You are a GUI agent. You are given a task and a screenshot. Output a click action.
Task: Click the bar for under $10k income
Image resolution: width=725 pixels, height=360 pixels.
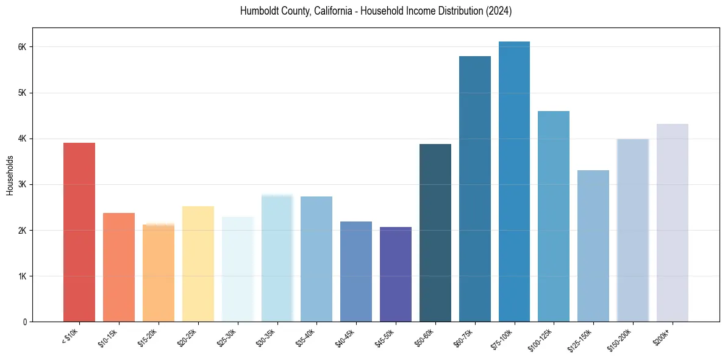[x=79, y=232]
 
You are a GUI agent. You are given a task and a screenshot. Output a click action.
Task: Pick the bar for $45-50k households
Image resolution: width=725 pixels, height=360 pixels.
[x=396, y=274]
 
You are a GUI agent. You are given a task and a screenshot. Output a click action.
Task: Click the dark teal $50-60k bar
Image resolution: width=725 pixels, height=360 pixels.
[x=435, y=232]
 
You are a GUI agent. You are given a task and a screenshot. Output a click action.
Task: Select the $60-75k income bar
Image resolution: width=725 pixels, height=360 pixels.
[x=474, y=189]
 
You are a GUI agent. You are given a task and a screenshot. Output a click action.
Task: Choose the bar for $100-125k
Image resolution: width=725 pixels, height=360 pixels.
[x=554, y=216]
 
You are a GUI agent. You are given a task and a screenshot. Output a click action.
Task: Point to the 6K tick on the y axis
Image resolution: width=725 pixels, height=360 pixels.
[x=23, y=47]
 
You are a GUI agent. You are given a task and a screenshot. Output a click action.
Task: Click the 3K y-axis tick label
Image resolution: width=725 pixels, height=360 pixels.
[x=23, y=184]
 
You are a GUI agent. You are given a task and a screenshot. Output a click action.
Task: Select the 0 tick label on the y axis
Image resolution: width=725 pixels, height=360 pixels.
[x=25, y=322]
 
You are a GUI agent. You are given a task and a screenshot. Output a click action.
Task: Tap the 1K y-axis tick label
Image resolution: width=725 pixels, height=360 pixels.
[x=23, y=276]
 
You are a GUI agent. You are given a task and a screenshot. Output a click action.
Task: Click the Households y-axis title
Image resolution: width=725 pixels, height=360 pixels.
[x=10, y=175]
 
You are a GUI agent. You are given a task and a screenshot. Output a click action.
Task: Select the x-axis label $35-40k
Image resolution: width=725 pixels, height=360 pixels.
[x=307, y=337]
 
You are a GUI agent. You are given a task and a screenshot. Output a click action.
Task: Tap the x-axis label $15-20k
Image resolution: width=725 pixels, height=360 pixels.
[x=149, y=337]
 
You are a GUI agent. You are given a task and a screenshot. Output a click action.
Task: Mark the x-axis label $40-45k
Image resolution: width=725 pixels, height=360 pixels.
[x=346, y=337]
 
